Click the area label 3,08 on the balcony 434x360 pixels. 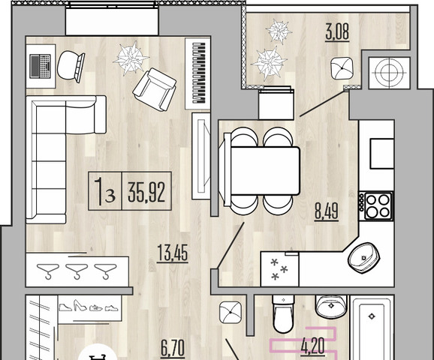pos(337,31)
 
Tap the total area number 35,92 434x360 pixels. pos(146,192)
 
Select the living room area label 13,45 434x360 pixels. pos(173,253)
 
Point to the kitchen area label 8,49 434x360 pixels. pos(327,212)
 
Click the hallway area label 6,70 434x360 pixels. pos(173,348)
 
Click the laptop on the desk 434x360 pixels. pos(41,66)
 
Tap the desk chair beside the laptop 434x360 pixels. pos(71,66)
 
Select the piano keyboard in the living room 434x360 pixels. pos(198,73)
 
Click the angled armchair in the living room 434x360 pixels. pos(155,89)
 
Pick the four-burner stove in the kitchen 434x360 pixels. pos(376,205)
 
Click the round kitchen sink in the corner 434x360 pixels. pos(363,258)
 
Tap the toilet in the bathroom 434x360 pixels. pos(283,313)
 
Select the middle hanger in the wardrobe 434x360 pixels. pos(77,271)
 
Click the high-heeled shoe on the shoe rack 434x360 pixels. pos(80,305)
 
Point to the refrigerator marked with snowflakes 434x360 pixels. pos(279,268)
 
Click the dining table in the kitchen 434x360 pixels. pos(264,170)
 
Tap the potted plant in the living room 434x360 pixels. pos(131,58)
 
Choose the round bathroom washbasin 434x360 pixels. pos(331,307)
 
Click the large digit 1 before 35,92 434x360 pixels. pos(98,191)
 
